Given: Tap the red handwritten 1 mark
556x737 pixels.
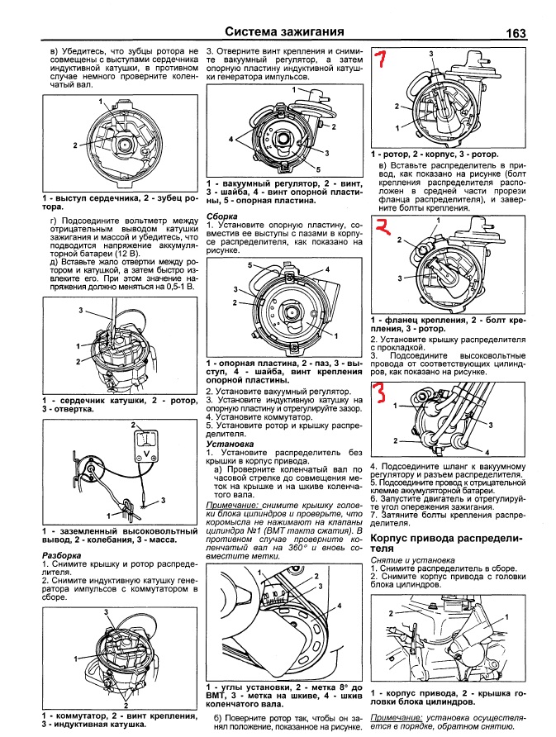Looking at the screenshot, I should pyautogui.click(x=381, y=59).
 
